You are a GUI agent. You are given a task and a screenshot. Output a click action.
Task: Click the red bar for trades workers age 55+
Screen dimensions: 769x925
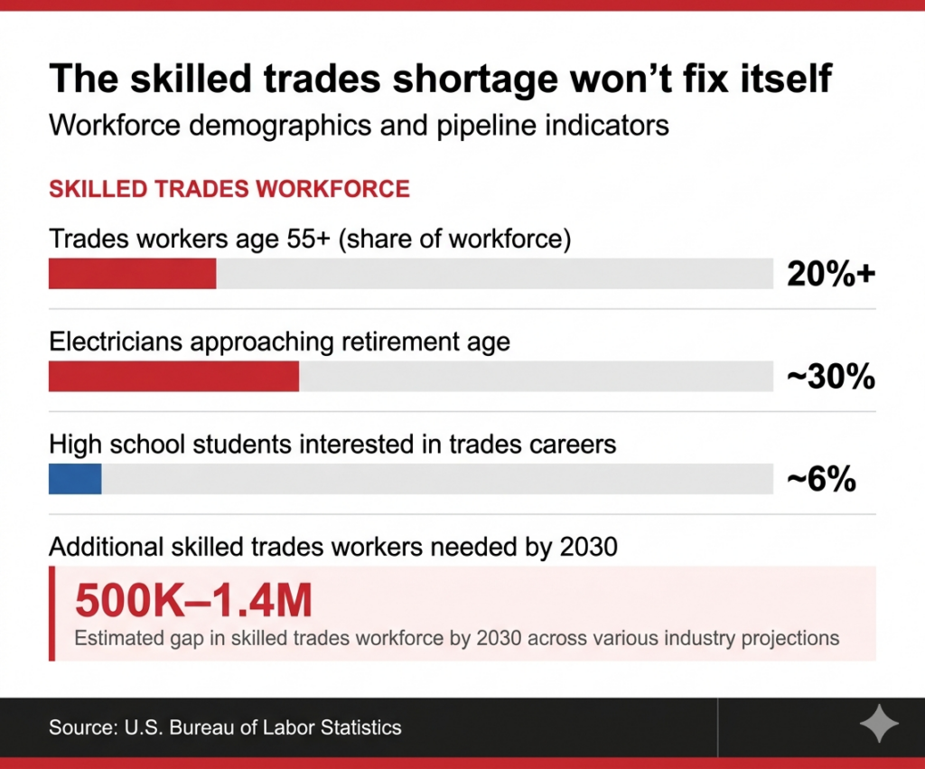[x=132, y=274]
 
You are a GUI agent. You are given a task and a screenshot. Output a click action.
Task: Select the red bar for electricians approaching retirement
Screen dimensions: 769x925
[x=173, y=377]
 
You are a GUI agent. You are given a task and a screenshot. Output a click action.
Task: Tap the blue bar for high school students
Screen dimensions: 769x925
[x=75, y=480]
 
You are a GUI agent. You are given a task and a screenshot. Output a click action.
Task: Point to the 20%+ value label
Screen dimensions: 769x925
[x=830, y=274]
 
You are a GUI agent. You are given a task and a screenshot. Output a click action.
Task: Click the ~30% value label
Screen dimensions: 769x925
[x=830, y=377]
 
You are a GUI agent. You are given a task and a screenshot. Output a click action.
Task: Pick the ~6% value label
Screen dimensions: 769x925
[x=820, y=480]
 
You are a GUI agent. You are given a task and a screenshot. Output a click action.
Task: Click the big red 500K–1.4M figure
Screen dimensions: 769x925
[x=193, y=600]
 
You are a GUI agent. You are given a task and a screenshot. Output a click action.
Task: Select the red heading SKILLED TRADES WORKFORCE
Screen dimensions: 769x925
[x=229, y=189]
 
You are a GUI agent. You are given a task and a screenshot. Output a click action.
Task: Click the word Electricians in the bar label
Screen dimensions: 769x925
[x=117, y=342]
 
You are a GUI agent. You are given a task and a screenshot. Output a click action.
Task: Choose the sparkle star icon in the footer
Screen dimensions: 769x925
[x=878, y=726]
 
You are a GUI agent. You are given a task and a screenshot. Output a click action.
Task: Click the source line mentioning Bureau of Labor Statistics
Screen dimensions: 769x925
[x=225, y=727]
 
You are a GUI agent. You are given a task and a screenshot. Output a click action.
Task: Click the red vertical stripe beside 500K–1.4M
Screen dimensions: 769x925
[x=51, y=613]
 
